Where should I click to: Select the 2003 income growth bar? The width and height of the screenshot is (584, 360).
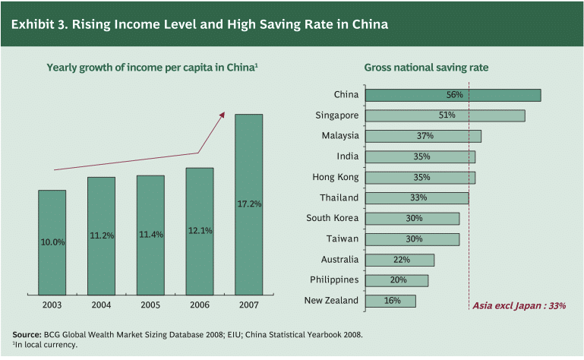(x=52, y=242)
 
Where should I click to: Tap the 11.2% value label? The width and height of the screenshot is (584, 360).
(x=101, y=235)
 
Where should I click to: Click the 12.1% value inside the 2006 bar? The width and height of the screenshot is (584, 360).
(x=200, y=231)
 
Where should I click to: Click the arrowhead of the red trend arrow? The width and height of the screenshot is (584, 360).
(x=223, y=114)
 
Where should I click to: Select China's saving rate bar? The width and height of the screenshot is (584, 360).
(x=453, y=95)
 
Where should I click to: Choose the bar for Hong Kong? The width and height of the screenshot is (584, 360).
(x=420, y=177)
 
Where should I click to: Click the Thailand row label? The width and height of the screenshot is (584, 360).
(x=339, y=197)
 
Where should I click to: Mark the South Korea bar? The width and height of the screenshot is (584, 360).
(x=412, y=218)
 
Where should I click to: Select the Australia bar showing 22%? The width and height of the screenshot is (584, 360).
(x=399, y=260)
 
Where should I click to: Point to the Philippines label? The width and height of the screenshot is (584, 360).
(x=334, y=279)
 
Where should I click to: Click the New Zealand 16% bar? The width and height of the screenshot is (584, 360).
(x=390, y=301)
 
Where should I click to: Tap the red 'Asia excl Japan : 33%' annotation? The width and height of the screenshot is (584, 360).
(x=519, y=306)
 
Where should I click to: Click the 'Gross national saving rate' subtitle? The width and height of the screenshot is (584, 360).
(x=426, y=68)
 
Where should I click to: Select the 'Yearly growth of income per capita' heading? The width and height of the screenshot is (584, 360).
(x=152, y=68)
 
